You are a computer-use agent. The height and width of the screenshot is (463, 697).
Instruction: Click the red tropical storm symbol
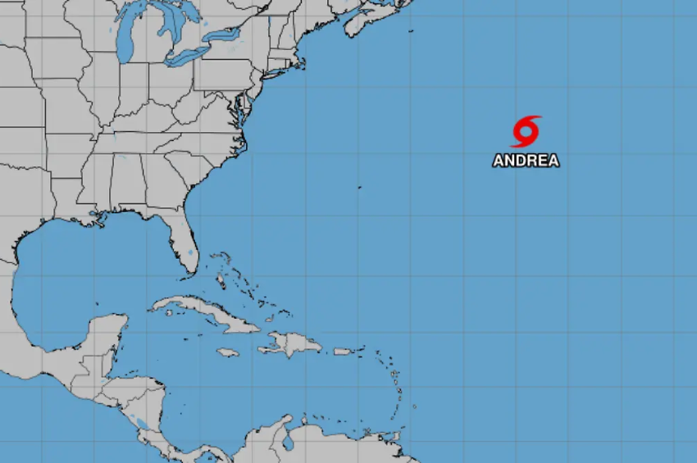click(526, 131)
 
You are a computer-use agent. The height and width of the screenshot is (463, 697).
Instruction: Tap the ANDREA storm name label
click(526, 161)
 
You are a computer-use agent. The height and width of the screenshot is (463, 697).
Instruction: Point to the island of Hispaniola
click(291, 345)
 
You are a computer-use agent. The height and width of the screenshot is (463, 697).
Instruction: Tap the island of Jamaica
click(227, 352)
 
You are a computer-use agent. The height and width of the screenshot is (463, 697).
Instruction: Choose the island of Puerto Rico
click(343, 352)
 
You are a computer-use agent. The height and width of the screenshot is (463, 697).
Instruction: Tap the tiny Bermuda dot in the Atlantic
click(359, 188)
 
